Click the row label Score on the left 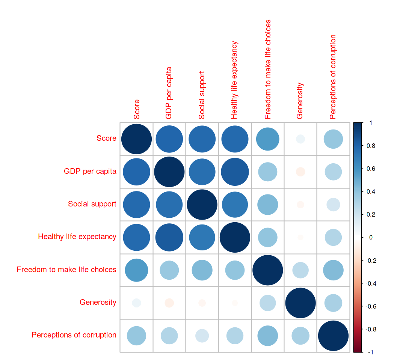106,139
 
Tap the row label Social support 92,204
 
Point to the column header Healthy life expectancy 234,80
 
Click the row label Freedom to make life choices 66,270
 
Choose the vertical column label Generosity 300,101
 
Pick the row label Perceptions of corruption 74,335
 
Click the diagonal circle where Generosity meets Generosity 300,303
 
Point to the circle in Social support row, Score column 136,204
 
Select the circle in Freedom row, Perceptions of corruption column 333,270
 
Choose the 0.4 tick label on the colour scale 370,192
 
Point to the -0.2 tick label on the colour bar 371,261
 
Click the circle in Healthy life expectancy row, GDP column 169,237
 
